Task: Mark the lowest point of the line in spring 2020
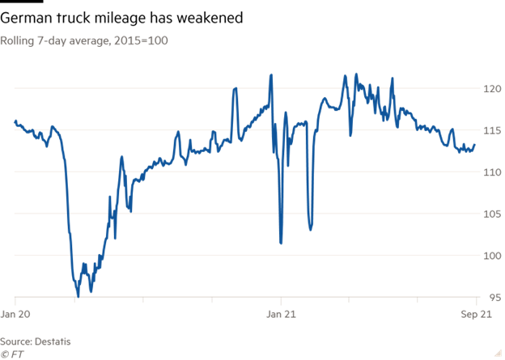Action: click(78, 297)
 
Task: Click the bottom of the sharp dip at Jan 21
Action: click(281, 243)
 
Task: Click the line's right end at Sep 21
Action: click(476, 145)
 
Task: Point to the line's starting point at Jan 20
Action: click(15, 121)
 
